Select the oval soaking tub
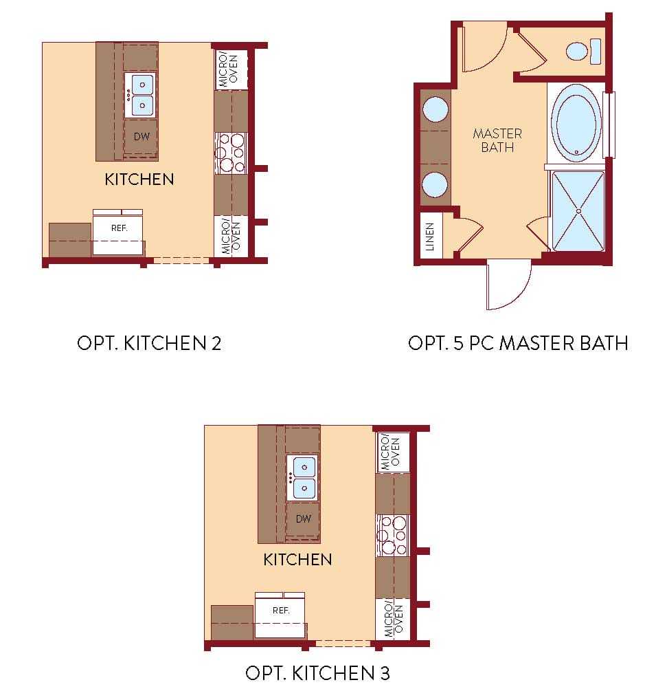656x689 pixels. point(576,123)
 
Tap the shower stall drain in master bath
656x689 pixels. point(578,211)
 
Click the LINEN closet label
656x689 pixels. point(430,237)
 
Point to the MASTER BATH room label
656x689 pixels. point(497,140)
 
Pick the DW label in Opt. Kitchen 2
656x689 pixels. point(142,137)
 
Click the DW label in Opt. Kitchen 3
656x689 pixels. point(304,519)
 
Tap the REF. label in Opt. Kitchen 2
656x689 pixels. point(119,228)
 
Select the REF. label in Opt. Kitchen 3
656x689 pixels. point(281,611)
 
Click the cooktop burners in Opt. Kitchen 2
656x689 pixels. point(231,153)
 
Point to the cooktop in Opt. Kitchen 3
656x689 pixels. point(393,535)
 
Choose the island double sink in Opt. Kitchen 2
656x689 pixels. point(140,95)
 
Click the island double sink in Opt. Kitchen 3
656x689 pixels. point(302,477)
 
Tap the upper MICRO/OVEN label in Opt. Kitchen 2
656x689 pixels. point(228,70)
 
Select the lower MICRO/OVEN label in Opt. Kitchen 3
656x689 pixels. point(393,620)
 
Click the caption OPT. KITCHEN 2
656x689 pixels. point(149,343)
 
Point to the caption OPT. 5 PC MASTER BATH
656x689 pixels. point(518,343)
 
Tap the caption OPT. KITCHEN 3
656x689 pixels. point(317,672)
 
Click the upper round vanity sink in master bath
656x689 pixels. point(435,109)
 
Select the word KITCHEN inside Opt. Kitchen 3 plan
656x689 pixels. point(297,559)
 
